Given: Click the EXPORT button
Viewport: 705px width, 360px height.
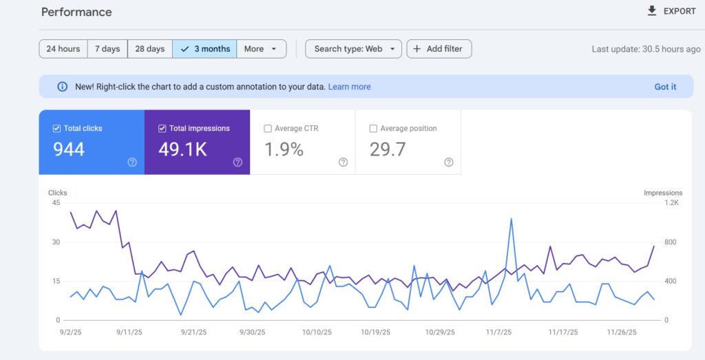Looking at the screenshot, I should click(671, 12).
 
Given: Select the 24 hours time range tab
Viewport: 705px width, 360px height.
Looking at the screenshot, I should click(63, 49).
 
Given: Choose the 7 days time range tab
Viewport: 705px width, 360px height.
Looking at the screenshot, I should click(107, 49).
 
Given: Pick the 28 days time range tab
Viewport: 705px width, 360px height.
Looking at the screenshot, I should click(150, 49).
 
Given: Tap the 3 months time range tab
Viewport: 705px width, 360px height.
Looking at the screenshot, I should click(205, 49).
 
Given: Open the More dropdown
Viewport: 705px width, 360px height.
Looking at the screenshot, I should click(262, 49).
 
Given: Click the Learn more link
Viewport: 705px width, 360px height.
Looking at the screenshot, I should click(349, 87).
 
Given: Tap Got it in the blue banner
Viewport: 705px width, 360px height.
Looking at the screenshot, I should click(665, 87).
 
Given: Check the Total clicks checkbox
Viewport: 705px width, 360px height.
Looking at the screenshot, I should click(57, 129).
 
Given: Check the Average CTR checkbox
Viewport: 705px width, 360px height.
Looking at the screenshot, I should click(268, 129).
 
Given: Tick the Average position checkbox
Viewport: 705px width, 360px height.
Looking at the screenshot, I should click(373, 129).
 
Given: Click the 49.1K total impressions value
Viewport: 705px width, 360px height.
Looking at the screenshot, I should click(182, 149).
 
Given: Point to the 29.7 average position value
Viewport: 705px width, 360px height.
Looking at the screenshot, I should click(388, 149).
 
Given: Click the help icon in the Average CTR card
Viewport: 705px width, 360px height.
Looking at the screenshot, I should click(343, 162).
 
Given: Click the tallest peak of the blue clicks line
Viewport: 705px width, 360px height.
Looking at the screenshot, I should click(512, 219).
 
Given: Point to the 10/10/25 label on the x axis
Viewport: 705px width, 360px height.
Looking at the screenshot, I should click(317, 332).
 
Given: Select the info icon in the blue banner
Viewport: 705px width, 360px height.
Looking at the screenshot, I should click(62, 87).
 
